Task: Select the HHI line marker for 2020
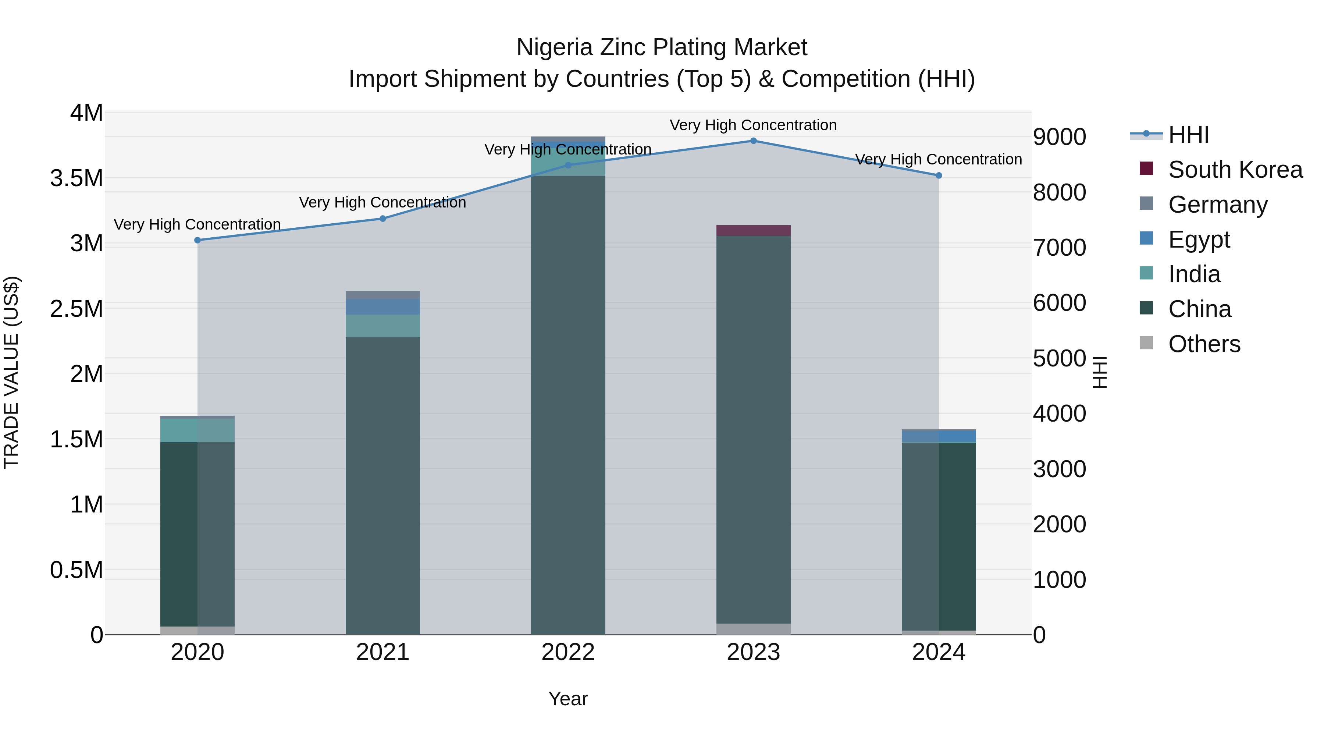pos(197,240)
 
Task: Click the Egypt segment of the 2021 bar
pos(382,307)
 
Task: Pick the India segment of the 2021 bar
pos(382,326)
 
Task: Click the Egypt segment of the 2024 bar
pos(939,436)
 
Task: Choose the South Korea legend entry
pos(1235,170)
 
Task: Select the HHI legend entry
pos(1188,135)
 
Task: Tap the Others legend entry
pos(1204,344)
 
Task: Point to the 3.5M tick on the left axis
pos(76,178)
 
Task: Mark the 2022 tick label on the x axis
pos(568,652)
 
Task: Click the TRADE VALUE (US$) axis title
pos(11,372)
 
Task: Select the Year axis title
pos(568,699)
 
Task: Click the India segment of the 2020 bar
pos(197,430)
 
